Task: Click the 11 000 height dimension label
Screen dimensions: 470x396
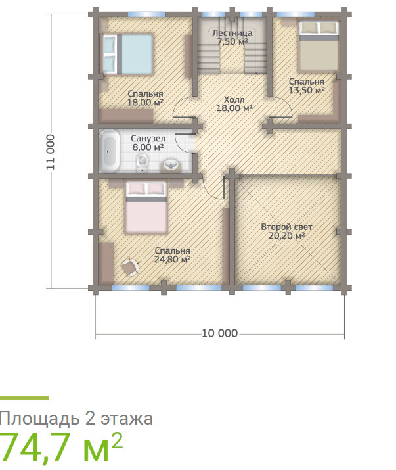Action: pos(51,153)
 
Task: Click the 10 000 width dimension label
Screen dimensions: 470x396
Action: pos(219,333)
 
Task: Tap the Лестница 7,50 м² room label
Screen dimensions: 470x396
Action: pos(232,37)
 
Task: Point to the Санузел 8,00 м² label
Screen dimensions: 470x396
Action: pos(147,143)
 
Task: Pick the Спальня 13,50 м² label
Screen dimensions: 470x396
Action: pos(307,86)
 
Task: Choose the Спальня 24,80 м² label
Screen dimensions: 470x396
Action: pos(172,255)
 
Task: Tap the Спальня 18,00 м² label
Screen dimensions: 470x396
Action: pos(146,98)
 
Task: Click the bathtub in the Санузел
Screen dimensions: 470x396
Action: pos(109,151)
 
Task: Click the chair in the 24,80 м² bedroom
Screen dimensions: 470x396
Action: pos(129,266)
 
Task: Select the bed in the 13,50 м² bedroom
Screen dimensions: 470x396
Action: pos(319,45)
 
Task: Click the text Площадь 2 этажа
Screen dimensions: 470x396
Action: pos(76,419)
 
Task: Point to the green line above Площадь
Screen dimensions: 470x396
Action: pos(24,398)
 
